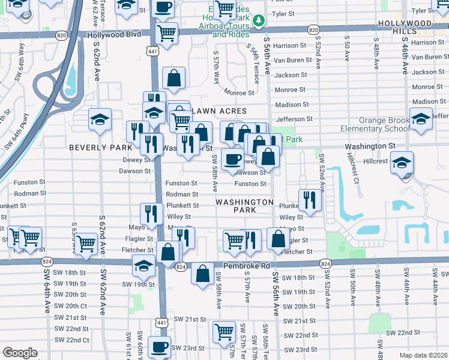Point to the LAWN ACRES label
[x=219, y=112]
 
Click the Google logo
[x=20, y=353]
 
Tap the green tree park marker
[x=259, y=22]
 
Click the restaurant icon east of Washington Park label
[x=309, y=199]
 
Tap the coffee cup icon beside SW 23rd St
[x=160, y=347]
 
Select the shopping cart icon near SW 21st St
[x=224, y=331]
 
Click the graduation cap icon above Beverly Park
[x=100, y=119]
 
